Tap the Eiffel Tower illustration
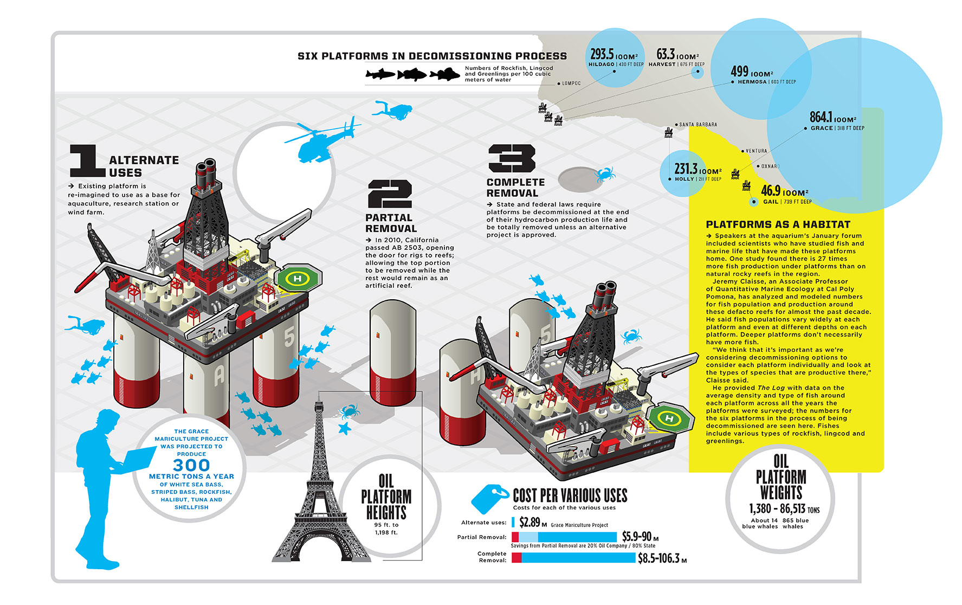[x=320, y=488]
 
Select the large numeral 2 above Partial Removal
[x=390, y=194]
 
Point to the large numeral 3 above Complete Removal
[x=512, y=158]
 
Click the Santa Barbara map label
[x=698, y=125]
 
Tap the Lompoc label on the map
[x=571, y=83]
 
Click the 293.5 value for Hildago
[x=602, y=54]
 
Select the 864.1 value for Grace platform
[x=821, y=117]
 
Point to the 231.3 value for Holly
[x=686, y=169]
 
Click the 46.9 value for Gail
[x=771, y=191]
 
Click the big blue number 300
[x=191, y=465]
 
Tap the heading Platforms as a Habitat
[x=778, y=224]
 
